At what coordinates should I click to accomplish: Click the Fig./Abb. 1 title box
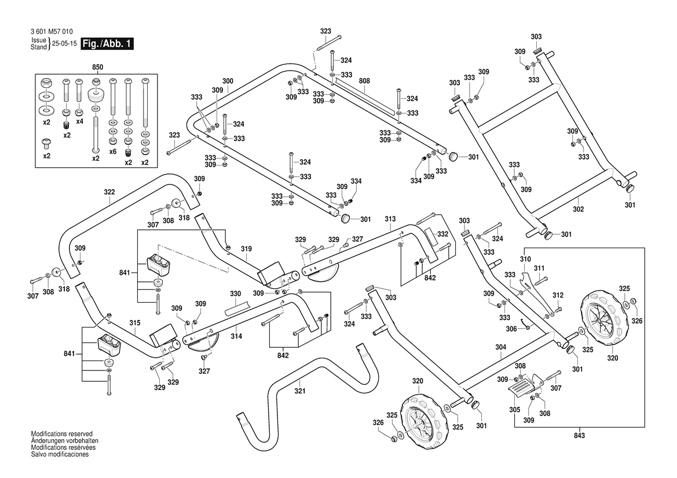pyautogui.click(x=107, y=44)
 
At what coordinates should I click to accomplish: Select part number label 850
pyautogui.click(x=98, y=68)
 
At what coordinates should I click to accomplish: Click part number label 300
pyautogui.click(x=228, y=81)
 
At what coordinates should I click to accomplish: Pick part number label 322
pyautogui.click(x=109, y=192)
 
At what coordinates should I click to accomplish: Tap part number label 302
pyautogui.click(x=578, y=209)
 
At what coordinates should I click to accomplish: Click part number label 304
pyautogui.click(x=501, y=347)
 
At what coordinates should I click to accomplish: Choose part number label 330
pyautogui.click(x=235, y=293)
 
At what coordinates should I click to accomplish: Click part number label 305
pyautogui.click(x=515, y=410)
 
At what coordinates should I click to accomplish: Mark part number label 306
pyautogui.click(x=511, y=329)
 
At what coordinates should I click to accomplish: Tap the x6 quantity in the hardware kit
pyautogui.click(x=113, y=151)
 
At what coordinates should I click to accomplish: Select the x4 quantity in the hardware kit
pyautogui.click(x=80, y=122)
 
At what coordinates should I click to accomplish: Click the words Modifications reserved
pyautogui.click(x=61, y=433)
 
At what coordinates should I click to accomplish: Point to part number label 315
pyautogui.click(x=135, y=323)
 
